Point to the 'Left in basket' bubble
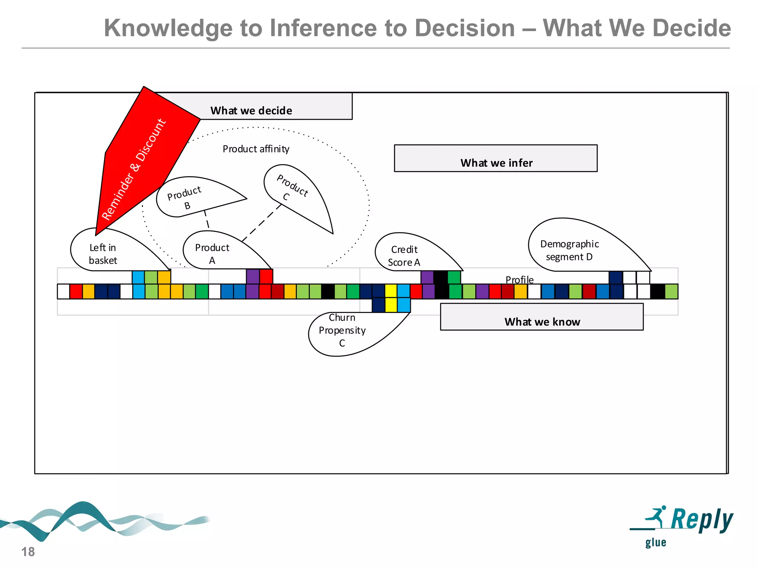(x=107, y=252)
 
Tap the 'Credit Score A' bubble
(x=407, y=254)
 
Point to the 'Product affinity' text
(x=256, y=149)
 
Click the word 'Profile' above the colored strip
(x=519, y=280)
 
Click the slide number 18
(x=28, y=552)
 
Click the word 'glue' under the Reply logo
(x=655, y=543)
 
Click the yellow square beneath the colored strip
(x=391, y=305)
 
